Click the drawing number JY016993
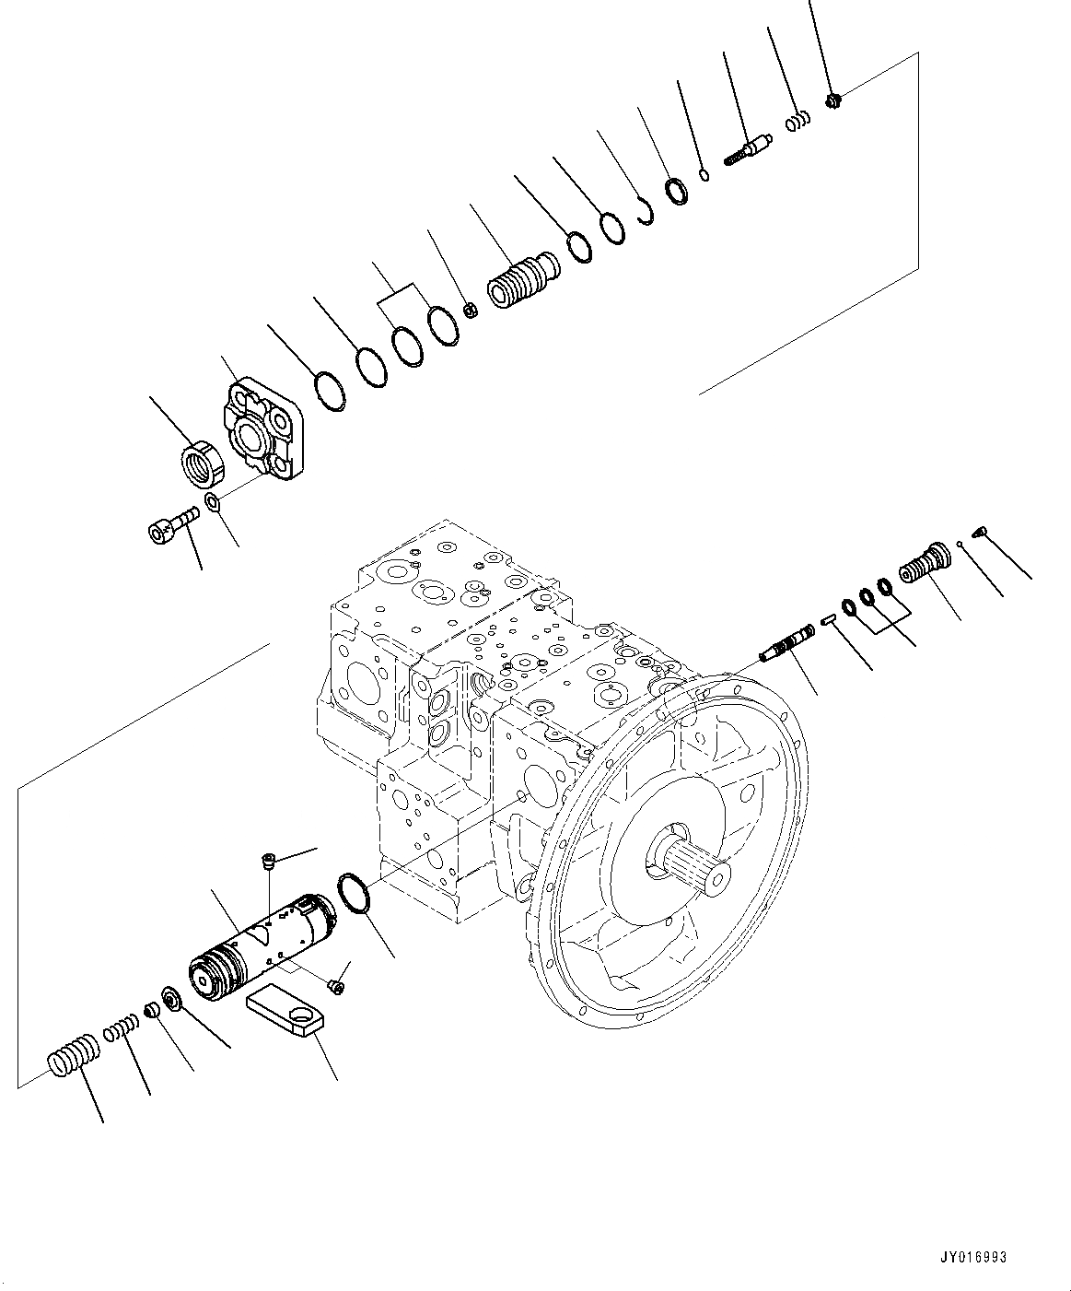[x=974, y=1257]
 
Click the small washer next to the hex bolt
[x=212, y=502]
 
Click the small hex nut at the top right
[x=832, y=100]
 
